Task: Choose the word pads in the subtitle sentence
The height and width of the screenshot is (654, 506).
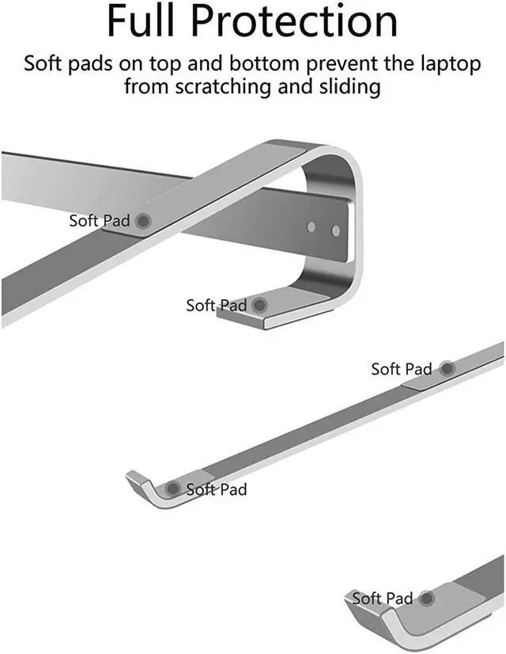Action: pyautogui.click(x=96, y=63)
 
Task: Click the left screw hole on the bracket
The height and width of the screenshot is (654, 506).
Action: pyautogui.click(x=311, y=227)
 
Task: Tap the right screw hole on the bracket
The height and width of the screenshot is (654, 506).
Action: pyautogui.click(x=335, y=231)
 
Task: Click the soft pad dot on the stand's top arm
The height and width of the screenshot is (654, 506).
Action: pyautogui.click(x=143, y=221)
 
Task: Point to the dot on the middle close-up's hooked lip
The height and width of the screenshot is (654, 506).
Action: pyautogui.click(x=172, y=489)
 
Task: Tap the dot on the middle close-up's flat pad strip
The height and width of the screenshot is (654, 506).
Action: pyautogui.click(x=447, y=369)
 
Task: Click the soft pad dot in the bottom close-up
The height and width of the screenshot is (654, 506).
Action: pyautogui.click(x=428, y=599)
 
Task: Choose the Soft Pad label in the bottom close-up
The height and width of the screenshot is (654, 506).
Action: pyautogui.click(x=383, y=599)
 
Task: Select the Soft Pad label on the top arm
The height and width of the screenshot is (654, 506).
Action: pyautogui.click(x=99, y=221)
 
